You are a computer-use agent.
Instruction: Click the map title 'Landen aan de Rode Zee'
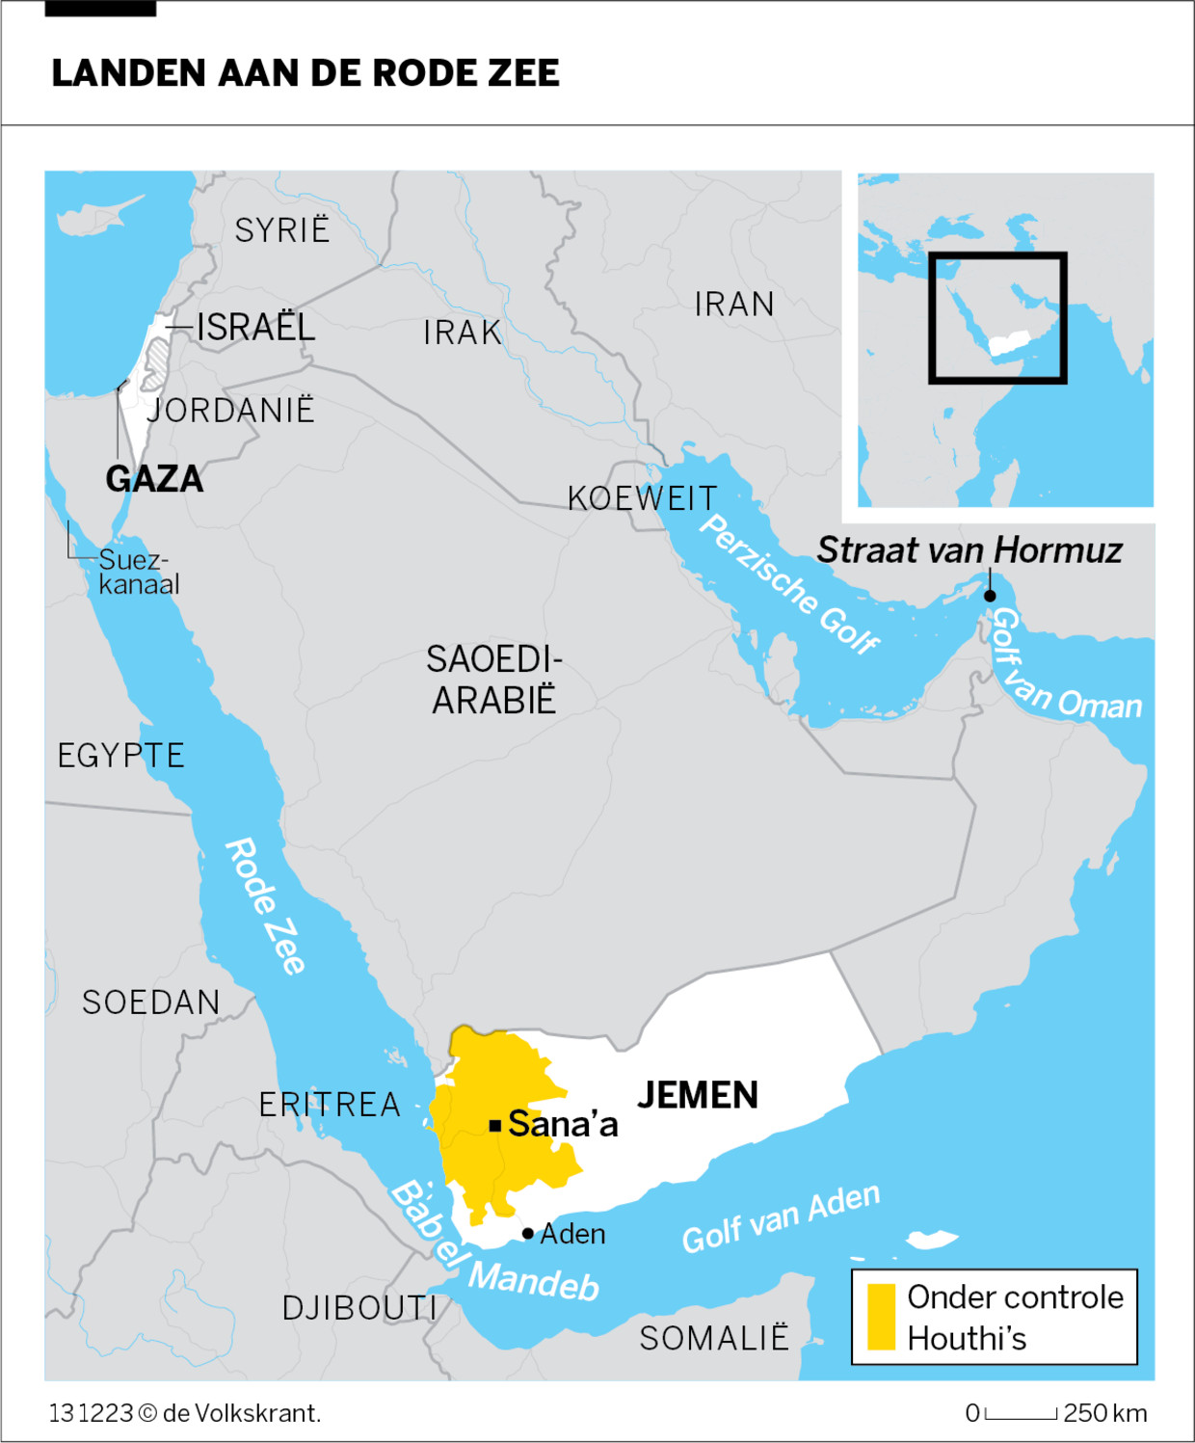point(305,73)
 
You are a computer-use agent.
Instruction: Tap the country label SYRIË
point(281,230)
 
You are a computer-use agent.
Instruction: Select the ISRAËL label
point(255,328)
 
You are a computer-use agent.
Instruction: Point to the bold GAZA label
point(154,479)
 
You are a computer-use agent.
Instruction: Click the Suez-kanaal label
point(139,573)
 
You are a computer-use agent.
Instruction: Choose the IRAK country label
point(463,334)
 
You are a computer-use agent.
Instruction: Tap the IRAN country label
point(734,305)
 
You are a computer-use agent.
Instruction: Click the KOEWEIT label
point(642,499)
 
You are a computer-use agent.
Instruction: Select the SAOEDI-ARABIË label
point(493,681)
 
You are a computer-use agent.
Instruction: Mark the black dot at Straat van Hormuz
point(990,596)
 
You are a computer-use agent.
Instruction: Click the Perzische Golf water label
point(788,584)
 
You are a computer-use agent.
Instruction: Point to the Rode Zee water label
point(265,906)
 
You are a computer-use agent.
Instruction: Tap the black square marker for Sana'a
point(494,1125)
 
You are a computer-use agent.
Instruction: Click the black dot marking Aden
point(528,1234)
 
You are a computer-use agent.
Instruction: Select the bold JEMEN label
point(698,1096)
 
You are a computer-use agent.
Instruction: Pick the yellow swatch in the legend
point(881,1317)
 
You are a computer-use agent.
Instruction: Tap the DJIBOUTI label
point(359,1309)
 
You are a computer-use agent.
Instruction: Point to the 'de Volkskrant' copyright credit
point(241,1414)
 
